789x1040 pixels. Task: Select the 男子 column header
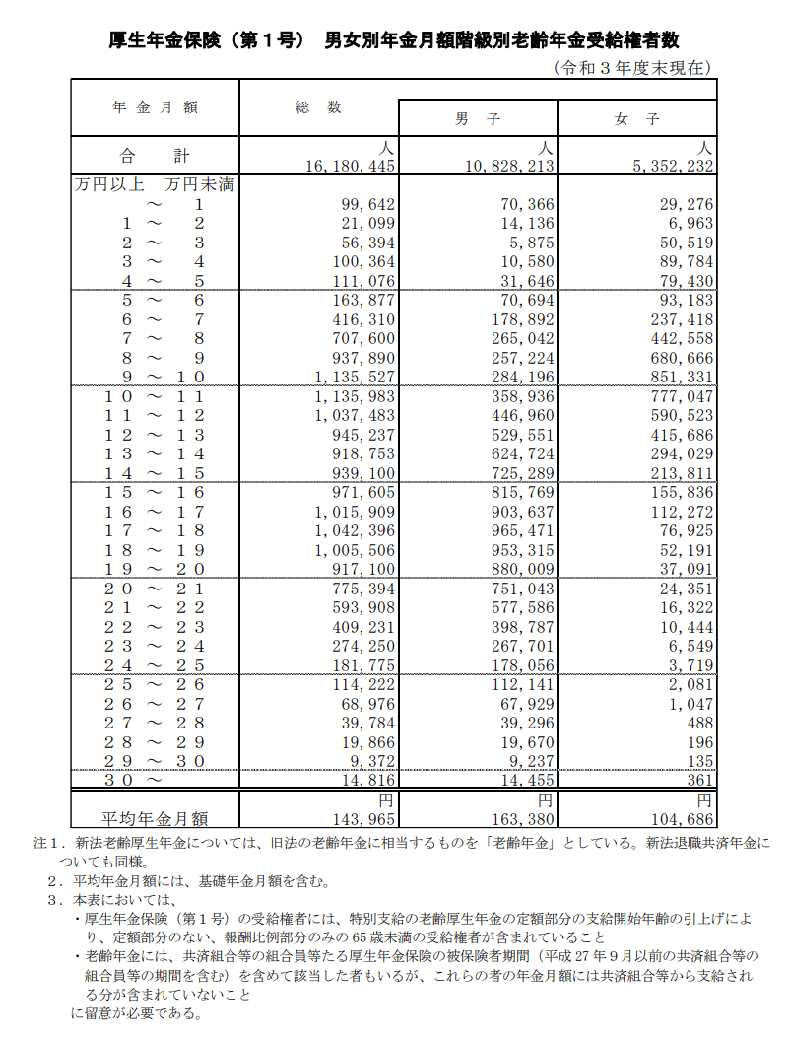coord(478,118)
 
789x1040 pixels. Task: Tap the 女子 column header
coord(636,118)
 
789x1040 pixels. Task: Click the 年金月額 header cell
coord(155,106)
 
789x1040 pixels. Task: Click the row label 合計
coord(154,156)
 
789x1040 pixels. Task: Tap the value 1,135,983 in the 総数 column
coord(356,396)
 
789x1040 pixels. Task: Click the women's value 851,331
coord(681,377)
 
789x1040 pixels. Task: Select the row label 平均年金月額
coord(155,817)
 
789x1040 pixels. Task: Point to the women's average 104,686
coord(681,818)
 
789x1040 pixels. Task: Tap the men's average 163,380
coord(522,818)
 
